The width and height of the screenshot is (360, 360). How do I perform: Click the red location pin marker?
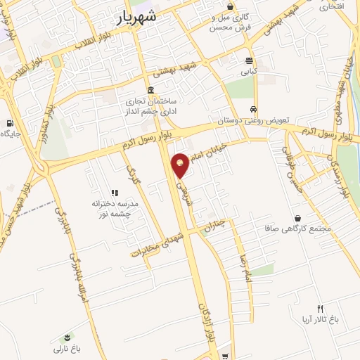[181, 165]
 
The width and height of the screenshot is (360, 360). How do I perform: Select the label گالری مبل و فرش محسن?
[231, 23]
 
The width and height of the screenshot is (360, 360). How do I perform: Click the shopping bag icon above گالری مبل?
[230, 6]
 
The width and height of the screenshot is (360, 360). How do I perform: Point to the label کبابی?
[250, 71]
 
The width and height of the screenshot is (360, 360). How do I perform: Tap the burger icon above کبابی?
[249, 60]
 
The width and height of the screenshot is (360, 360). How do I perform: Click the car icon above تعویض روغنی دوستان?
[252, 110]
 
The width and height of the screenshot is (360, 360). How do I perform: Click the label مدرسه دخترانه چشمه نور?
[114, 207]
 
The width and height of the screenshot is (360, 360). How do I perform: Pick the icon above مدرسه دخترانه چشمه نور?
[114, 193]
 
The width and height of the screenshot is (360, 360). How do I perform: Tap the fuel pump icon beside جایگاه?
[8, 124]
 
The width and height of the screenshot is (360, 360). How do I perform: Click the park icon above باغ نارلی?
[67, 337]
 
